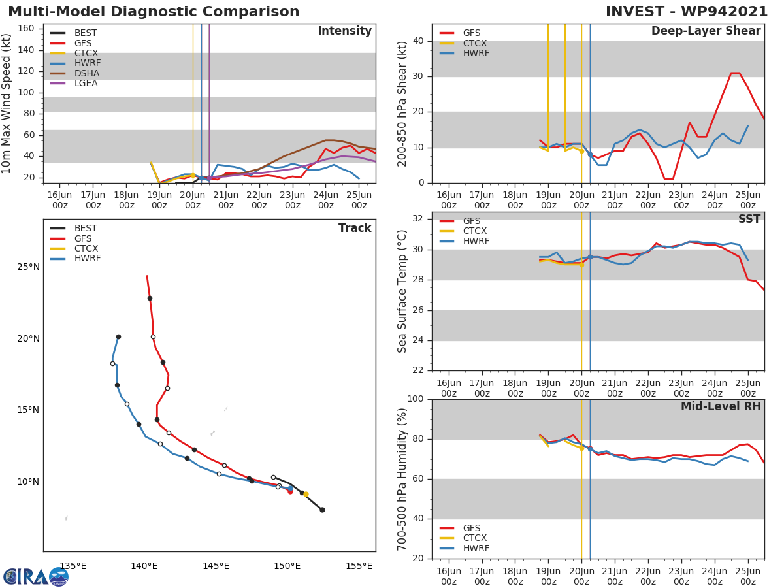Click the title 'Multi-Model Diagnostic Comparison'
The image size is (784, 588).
tap(154, 12)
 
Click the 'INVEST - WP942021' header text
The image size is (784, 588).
tap(687, 12)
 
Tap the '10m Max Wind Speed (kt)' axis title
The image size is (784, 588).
tap(7, 103)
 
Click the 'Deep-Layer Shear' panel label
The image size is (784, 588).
tap(706, 31)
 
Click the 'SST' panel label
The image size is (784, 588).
tap(749, 219)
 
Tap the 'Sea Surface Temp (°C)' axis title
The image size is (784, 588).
tap(403, 291)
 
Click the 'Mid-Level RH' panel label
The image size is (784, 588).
tap(720, 406)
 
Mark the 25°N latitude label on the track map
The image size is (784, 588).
tap(28, 267)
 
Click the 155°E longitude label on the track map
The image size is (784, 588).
tap(359, 566)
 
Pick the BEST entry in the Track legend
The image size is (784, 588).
tap(85, 229)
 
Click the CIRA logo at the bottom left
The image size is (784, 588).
tap(36, 576)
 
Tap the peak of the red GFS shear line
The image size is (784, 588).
tap(735, 73)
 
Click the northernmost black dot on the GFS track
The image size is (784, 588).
tap(150, 298)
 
